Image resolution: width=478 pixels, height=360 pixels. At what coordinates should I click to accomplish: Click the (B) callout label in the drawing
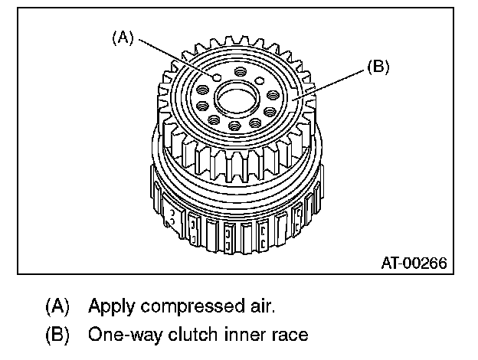point(378,67)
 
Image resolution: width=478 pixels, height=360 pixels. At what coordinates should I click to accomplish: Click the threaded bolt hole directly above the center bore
point(241,71)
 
